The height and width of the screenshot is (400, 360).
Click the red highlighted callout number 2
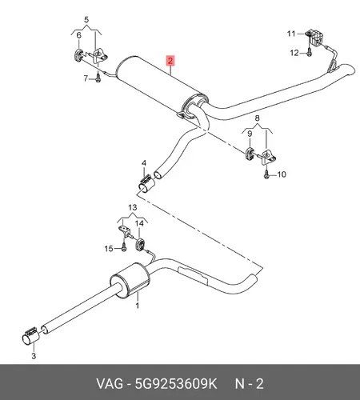pos(170,60)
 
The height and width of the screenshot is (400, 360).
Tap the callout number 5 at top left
pos(86,20)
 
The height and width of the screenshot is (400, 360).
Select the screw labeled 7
pos(98,78)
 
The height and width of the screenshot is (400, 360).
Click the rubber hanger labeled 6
pos(78,55)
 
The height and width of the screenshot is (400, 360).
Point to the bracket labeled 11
pos(314,38)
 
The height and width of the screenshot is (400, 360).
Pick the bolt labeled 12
pos(309,52)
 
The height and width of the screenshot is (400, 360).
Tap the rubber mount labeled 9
pos(249,153)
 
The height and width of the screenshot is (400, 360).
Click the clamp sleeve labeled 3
pos(31,335)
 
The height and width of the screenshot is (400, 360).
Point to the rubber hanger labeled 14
pos(140,245)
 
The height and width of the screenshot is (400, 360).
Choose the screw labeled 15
pos(123,247)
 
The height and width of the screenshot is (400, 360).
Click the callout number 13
pos(133,207)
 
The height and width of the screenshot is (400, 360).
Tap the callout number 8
pos(257,118)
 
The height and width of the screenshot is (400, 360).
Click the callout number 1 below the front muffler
pos(138,306)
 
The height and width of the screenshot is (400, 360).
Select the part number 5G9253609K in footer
pos(176,384)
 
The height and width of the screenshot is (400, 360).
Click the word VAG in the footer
pos(110,384)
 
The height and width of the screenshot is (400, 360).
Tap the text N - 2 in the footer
pos(250,384)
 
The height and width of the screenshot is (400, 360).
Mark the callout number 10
pos(282,174)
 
